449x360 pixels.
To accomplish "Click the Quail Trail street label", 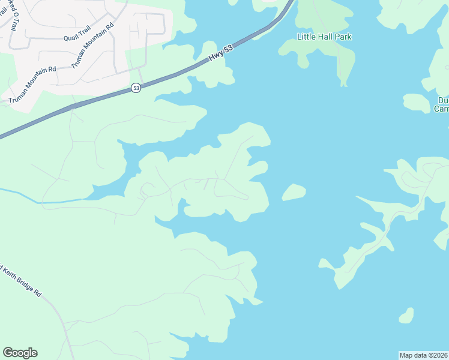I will [76, 37].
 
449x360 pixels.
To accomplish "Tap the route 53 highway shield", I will [136, 88].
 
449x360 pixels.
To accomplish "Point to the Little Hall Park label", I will [324, 37].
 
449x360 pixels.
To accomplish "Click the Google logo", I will [20, 353].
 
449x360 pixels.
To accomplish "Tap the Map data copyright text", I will [423, 355].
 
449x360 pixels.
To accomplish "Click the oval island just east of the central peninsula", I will [294, 192].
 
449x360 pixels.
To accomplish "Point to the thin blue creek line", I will [36, 198].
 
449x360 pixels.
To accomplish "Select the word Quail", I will [70, 37].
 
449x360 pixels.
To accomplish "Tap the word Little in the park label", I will [306, 37].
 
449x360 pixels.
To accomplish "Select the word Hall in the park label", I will [325, 37].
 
